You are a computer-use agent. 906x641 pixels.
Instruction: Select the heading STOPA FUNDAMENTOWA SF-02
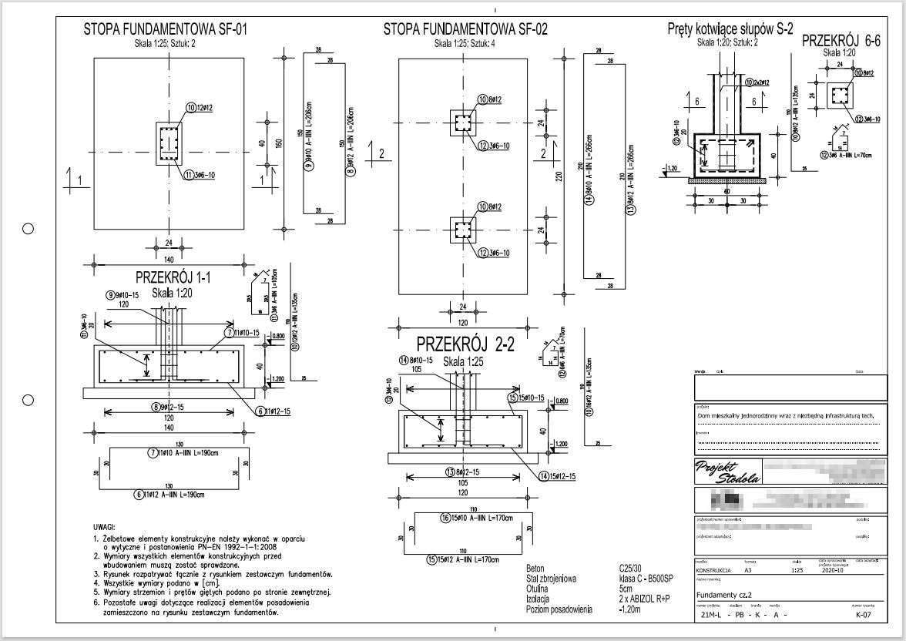pyautogui.click(x=465, y=30)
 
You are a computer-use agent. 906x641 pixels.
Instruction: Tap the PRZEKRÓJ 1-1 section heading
pyautogui.click(x=173, y=277)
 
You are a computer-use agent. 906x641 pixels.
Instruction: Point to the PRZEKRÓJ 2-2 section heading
pyautogui.click(x=466, y=344)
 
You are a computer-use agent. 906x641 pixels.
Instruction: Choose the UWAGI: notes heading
pyautogui.click(x=106, y=525)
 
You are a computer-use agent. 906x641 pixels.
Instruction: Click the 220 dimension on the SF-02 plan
pyautogui.click(x=559, y=175)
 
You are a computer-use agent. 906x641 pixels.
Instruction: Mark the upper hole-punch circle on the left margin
pyautogui.click(x=29, y=229)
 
